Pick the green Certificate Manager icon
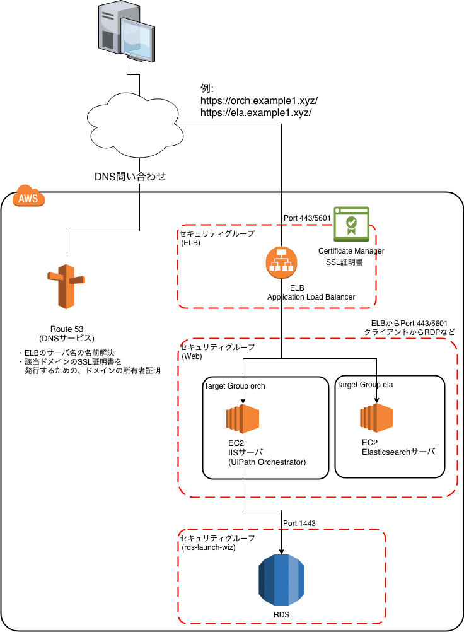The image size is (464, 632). point(351,224)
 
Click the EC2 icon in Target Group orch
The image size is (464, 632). point(243,419)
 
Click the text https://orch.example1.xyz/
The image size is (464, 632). point(259,101)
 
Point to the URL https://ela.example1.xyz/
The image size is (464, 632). point(256,113)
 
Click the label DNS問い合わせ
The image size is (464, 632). point(130,177)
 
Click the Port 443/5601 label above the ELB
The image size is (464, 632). point(307,218)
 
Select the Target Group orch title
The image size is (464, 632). point(235,386)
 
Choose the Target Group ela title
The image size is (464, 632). point(365,384)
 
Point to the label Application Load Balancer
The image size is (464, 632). point(311,297)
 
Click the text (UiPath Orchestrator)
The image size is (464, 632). point(267,462)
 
